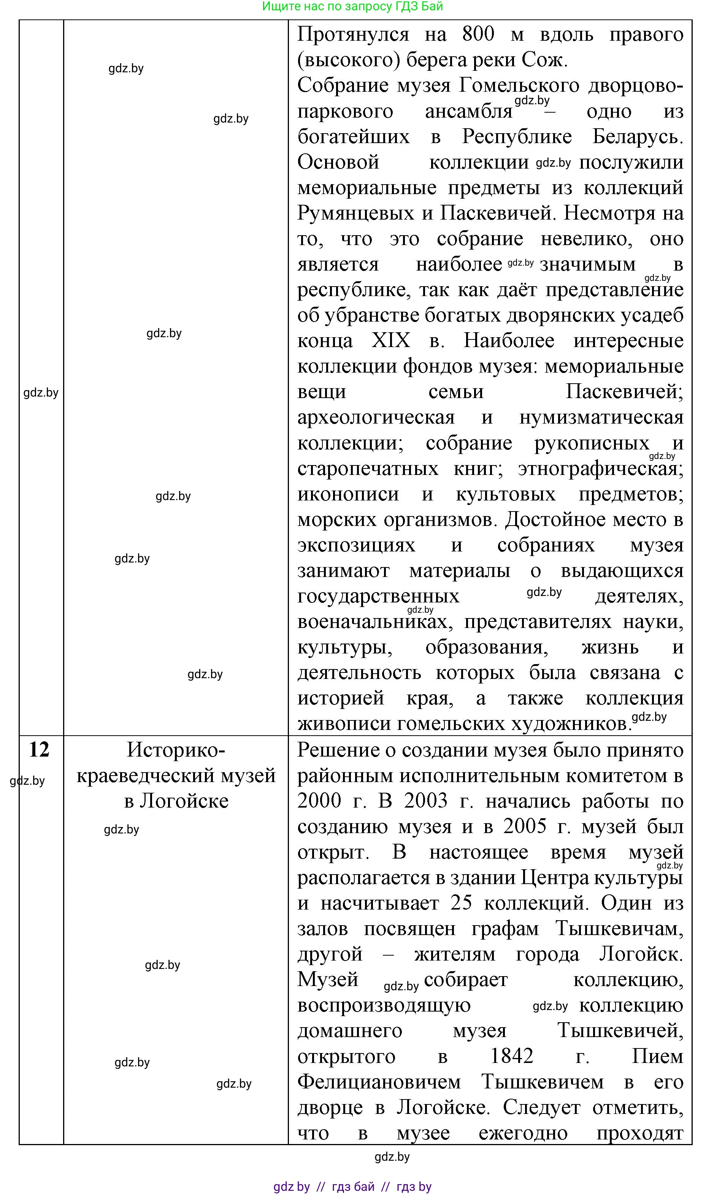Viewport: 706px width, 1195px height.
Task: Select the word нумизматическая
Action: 601,417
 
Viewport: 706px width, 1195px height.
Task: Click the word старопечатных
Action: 367,469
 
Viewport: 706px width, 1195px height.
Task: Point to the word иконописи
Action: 348,494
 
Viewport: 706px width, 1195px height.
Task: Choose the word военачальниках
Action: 373,622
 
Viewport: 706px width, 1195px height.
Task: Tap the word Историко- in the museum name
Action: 176,751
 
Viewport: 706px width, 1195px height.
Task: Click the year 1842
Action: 511,1056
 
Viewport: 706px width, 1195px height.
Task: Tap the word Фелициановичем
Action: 379,1082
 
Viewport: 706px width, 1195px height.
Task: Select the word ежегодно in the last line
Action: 523,1133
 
